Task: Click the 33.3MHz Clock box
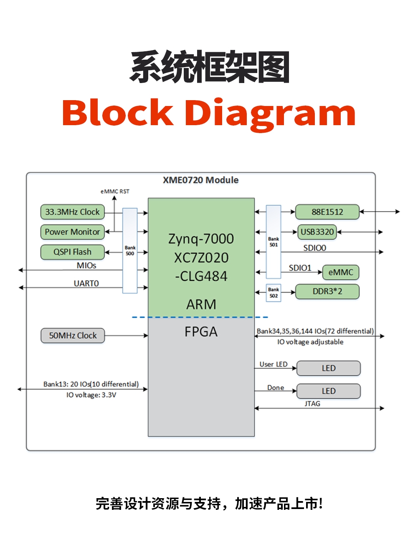point(72,212)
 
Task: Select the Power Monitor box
point(72,232)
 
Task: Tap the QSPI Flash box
point(72,252)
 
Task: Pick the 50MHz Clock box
point(73,335)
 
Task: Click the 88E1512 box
point(327,212)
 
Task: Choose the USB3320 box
point(317,232)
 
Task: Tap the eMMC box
point(341,272)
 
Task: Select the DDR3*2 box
point(327,292)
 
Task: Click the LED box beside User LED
point(328,368)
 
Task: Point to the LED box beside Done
point(328,391)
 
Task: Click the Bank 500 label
point(130,251)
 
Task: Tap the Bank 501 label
point(274,242)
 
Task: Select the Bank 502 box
point(274,292)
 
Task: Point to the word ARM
point(201,305)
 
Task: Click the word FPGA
point(201,332)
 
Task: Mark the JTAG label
point(312,404)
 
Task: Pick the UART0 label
point(86,284)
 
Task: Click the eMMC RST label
point(115,192)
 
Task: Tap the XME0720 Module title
point(200,180)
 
